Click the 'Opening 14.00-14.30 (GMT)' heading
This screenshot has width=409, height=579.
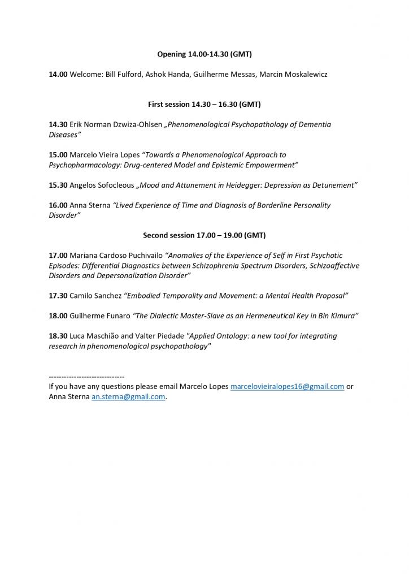click(204, 54)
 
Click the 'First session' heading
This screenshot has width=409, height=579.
click(204, 105)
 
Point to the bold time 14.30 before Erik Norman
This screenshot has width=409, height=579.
click(58, 124)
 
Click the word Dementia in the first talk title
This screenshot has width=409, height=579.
click(312, 124)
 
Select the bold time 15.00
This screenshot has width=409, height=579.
click(58, 154)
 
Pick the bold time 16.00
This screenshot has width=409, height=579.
click(58, 205)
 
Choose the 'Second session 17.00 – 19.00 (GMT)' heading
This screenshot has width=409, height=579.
click(204, 235)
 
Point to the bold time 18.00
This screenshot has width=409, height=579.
click(58, 316)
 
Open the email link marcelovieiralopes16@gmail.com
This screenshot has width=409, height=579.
click(287, 387)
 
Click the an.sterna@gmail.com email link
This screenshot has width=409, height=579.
click(128, 397)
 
